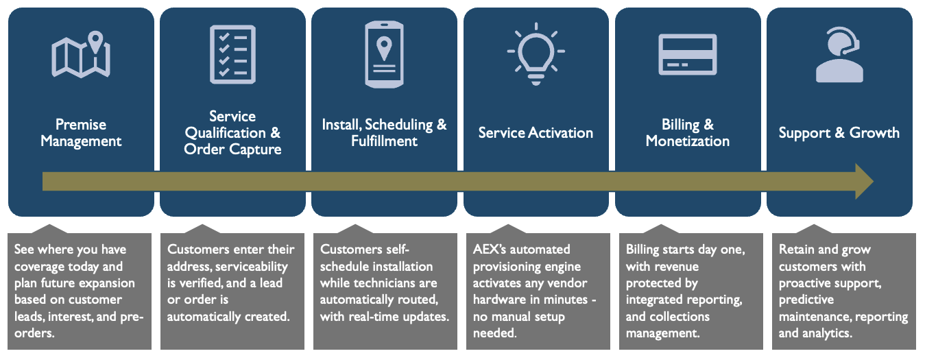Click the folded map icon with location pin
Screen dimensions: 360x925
(81, 55)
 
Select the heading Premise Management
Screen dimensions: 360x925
(81, 133)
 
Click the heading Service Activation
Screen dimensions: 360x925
(536, 133)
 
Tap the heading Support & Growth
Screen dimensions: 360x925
(839, 133)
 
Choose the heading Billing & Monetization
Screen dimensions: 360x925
(687, 133)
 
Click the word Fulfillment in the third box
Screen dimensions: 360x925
(384, 141)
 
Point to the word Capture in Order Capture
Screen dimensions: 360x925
(254, 149)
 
